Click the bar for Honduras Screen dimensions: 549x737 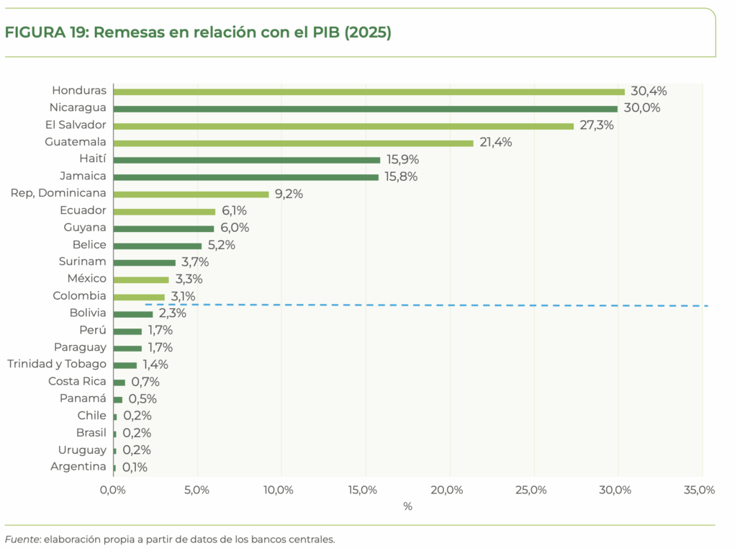(x=368, y=91)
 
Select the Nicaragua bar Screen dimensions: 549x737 (x=365, y=109)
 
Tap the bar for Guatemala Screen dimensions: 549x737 (x=293, y=143)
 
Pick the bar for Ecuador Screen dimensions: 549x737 (x=164, y=211)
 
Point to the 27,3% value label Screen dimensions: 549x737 (x=597, y=125)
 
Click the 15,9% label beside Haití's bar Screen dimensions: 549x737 (x=402, y=159)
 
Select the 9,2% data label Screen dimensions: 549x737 (x=289, y=194)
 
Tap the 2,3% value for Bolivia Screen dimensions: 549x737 (x=172, y=313)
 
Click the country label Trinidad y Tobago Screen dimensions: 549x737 (x=57, y=364)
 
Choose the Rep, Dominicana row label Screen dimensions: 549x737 (x=58, y=193)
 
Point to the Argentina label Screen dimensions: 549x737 (x=78, y=467)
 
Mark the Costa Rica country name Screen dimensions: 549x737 (x=77, y=381)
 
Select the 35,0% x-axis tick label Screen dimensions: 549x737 (x=697, y=491)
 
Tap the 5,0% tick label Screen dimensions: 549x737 (x=196, y=491)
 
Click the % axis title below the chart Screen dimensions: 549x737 (x=407, y=506)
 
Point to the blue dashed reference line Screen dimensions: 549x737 (x=432, y=305)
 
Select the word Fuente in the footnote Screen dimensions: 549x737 (x=22, y=539)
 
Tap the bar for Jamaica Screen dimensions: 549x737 (x=245, y=177)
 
